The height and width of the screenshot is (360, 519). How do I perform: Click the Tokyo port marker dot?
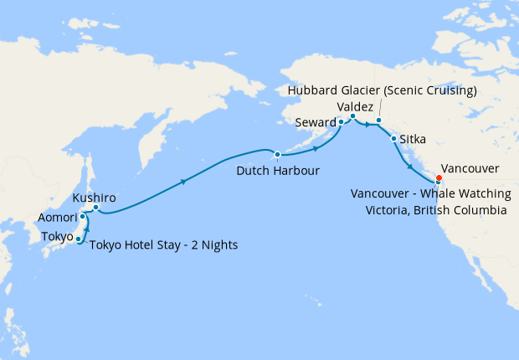point(79,239)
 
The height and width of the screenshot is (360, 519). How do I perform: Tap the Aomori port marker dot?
point(82,217)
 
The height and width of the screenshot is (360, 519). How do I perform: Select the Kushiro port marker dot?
point(95,207)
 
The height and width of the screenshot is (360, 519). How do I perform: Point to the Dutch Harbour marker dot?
point(277,154)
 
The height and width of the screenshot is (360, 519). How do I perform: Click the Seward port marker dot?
point(341,122)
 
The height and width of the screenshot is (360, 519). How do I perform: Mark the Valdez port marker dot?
point(352,116)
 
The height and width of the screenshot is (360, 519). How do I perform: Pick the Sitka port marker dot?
point(393,139)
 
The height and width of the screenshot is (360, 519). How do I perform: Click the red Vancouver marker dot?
point(439,177)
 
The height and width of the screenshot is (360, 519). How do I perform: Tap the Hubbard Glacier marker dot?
point(378,121)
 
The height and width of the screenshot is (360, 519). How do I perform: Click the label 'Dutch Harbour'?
point(277,171)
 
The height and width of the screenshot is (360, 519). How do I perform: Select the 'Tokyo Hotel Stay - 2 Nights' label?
point(163,245)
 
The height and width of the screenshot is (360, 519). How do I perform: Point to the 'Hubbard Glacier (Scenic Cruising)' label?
point(381,90)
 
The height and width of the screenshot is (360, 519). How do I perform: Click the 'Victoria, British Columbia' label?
point(435,211)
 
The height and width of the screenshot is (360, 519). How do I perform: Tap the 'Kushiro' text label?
point(93,198)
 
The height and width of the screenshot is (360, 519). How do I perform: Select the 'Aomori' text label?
point(58,218)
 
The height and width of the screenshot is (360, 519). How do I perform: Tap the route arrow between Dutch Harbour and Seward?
point(316,149)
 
